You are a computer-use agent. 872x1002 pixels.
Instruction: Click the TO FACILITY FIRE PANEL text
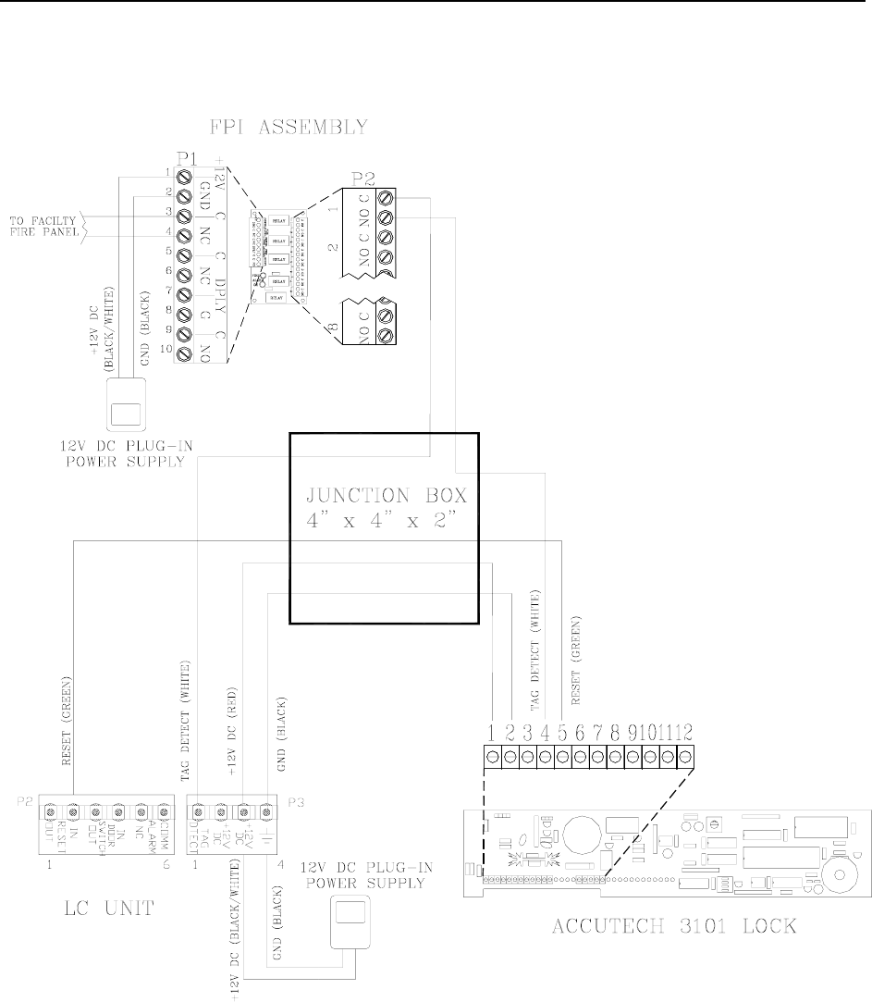(45, 225)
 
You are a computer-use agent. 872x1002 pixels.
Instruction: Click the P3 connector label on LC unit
(294, 802)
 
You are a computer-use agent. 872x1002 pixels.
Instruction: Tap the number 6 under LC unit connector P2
(165, 838)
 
